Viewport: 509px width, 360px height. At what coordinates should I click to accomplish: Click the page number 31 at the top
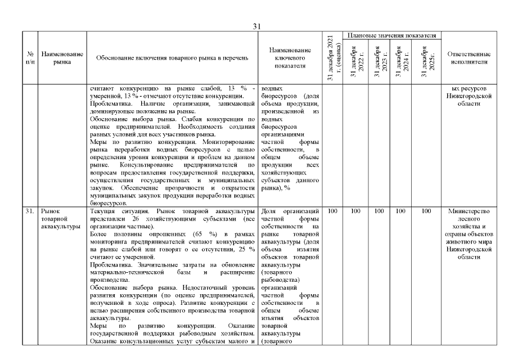pos(257,26)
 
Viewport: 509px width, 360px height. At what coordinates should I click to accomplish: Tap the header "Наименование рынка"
pos(62,58)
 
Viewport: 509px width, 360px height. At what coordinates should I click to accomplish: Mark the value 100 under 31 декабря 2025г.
pos(426,211)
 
